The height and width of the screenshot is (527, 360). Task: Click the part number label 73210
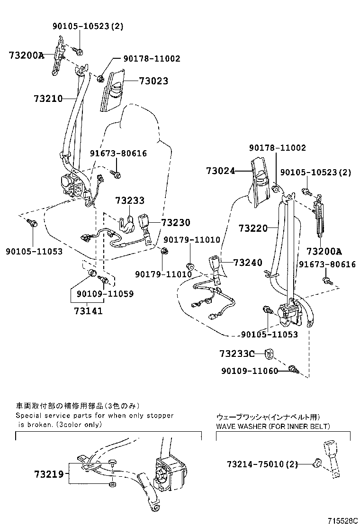tap(48, 99)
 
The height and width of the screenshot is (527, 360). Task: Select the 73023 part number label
tap(153, 82)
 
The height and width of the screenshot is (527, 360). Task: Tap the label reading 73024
tap(220, 171)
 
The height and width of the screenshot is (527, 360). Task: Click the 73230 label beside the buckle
tap(175, 223)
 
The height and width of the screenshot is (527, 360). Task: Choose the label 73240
tap(248, 263)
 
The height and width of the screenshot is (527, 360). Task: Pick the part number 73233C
tap(237, 354)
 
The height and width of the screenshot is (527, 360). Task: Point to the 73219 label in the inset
tap(48, 473)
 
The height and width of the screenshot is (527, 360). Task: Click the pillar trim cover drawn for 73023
tap(112, 90)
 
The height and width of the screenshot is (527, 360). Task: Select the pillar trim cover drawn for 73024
tap(262, 182)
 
